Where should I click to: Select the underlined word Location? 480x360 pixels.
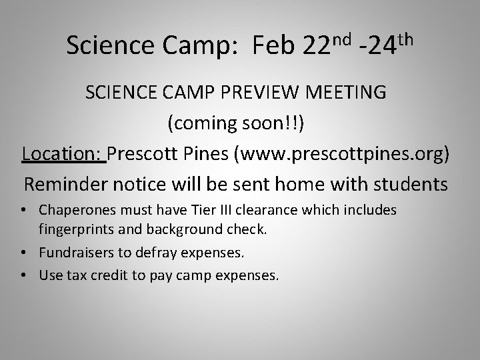click(63, 154)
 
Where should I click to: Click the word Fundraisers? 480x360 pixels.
click(74, 253)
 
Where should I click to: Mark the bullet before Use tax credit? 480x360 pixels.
click(25, 274)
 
